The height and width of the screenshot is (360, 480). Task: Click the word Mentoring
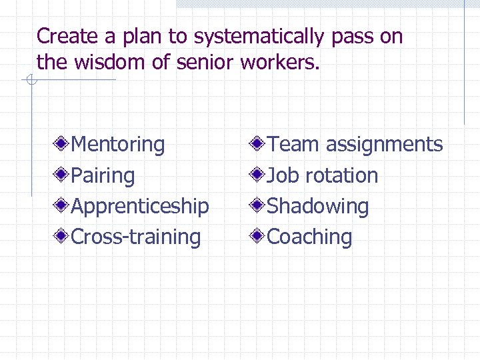(118, 144)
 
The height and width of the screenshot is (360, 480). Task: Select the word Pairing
(103, 175)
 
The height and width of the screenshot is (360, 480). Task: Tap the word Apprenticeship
(140, 206)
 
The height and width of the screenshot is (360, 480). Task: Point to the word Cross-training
(136, 237)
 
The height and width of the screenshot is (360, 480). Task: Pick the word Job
(283, 175)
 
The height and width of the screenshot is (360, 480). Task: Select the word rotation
(341, 175)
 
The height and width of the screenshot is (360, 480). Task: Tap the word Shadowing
(318, 206)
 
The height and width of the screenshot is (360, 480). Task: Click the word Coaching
(310, 237)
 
